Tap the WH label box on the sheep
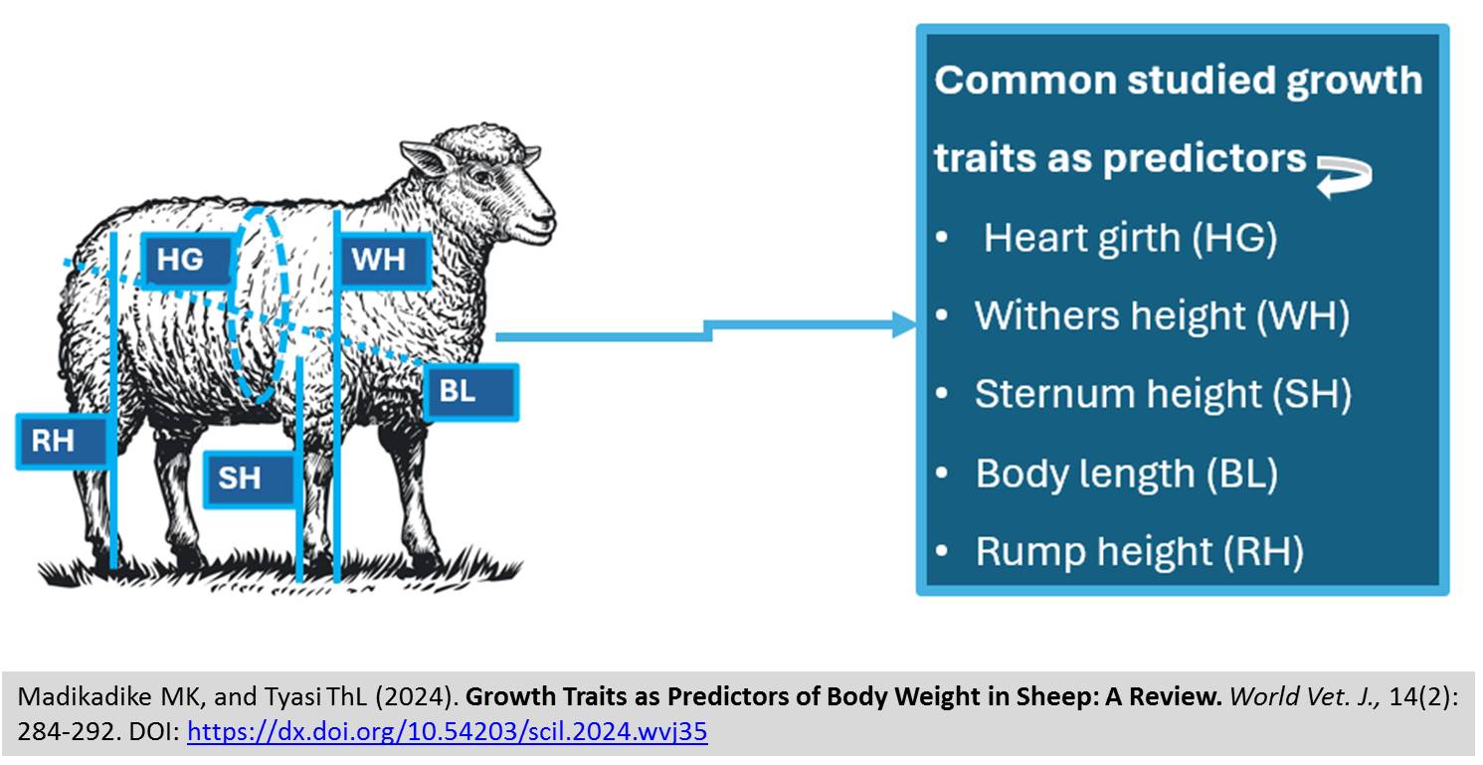383,259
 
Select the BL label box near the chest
470,392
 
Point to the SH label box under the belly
250,478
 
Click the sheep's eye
482,177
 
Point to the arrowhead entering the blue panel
904,324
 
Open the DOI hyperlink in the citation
448,731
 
